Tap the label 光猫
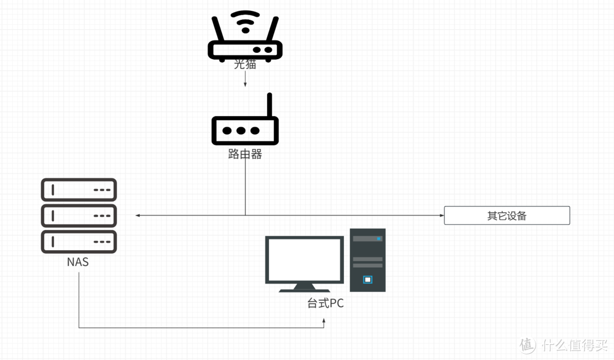tap(245, 64)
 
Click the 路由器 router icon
tap(245, 130)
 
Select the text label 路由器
tap(245, 154)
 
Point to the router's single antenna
tap(269, 105)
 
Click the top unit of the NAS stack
tap(78, 190)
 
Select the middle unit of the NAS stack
tap(78, 216)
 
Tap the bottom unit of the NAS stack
tap(78, 241)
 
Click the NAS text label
tap(78, 262)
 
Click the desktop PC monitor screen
tap(304, 259)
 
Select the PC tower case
tap(367, 260)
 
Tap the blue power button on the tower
tap(367, 279)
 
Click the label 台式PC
tap(325, 303)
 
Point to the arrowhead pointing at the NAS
tap(138, 216)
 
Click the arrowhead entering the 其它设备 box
tap(441, 216)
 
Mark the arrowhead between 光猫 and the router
tap(245, 85)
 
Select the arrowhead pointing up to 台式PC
tap(324, 321)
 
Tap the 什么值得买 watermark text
tap(574, 345)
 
